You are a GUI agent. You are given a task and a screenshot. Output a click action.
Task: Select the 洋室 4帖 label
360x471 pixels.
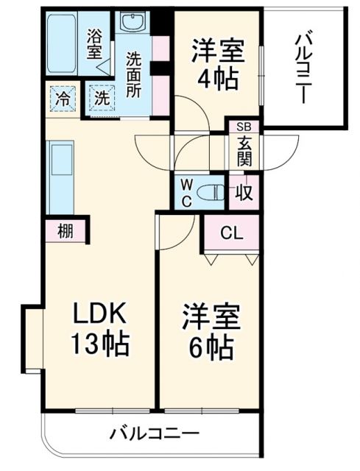pos(216,65)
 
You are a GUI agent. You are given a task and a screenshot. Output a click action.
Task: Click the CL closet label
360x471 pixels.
pos(232,234)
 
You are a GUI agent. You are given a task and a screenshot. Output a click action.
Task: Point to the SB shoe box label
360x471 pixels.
pos(244,127)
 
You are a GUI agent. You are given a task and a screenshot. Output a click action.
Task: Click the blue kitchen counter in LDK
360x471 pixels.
pos(60,177)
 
